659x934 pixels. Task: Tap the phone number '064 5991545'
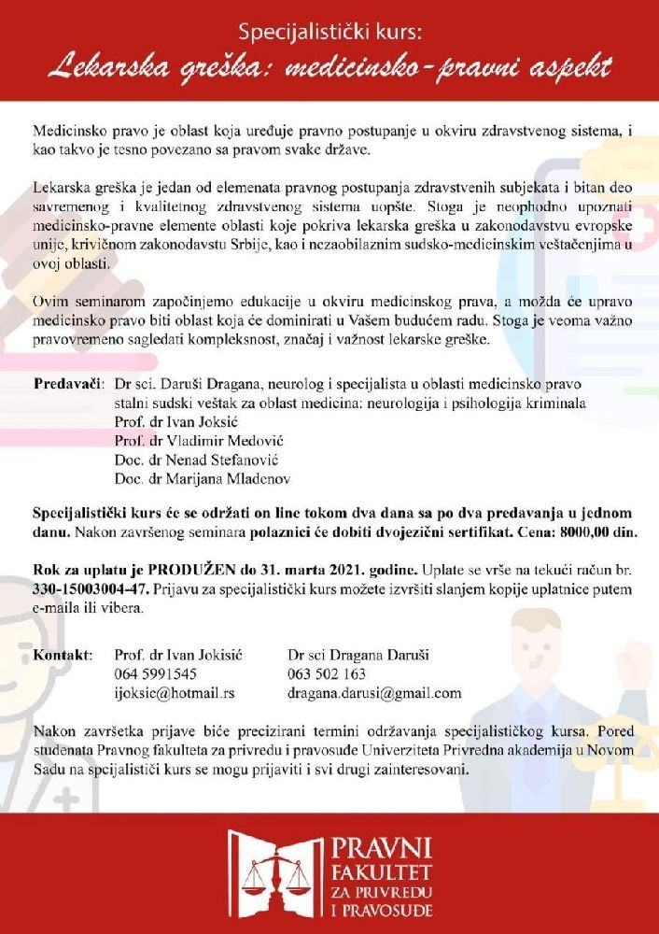click(155, 673)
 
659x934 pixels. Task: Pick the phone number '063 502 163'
click(327, 673)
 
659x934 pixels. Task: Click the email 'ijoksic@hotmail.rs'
click(174, 693)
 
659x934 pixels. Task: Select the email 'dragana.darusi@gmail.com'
click(375, 693)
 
